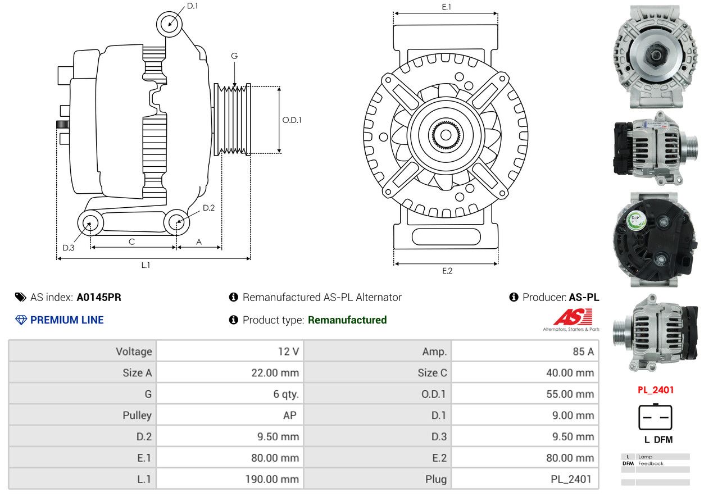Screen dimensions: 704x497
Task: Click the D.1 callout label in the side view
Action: pyautogui.click(x=192, y=6)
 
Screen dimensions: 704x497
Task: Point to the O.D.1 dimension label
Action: pyautogui.click(x=292, y=120)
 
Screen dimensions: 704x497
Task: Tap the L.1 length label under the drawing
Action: pyautogui.click(x=146, y=265)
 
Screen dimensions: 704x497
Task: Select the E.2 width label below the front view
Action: pyautogui.click(x=447, y=271)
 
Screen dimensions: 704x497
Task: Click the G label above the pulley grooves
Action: pyautogui.click(x=234, y=56)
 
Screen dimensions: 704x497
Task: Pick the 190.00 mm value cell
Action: pyautogui.click(x=272, y=479)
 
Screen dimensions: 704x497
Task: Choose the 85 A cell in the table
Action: pyautogui.click(x=583, y=351)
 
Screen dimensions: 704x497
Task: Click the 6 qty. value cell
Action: pyautogui.click(x=285, y=394)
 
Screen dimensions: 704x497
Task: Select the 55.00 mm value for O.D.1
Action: pyautogui.click(x=570, y=394)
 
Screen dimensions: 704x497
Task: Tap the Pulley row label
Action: pyautogui.click(x=137, y=416)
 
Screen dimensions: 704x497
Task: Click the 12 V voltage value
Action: pyautogui.click(x=288, y=351)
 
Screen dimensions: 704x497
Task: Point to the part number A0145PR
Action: pyautogui.click(x=99, y=297)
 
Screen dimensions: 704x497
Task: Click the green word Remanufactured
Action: pyautogui.click(x=347, y=320)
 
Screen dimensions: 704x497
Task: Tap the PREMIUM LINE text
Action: pyautogui.click(x=67, y=320)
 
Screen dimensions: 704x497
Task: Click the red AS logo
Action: pyautogui.click(x=573, y=317)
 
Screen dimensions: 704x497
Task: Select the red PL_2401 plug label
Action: pyautogui.click(x=656, y=390)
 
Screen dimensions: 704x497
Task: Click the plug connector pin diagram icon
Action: pyautogui.click(x=655, y=417)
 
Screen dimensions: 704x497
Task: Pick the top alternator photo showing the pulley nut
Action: pyautogui.click(x=655, y=57)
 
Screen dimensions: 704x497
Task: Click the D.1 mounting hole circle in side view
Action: pyautogui.click(x=169, y=24)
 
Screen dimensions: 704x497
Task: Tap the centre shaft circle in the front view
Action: pyautogui.click(x=446, y=135)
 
